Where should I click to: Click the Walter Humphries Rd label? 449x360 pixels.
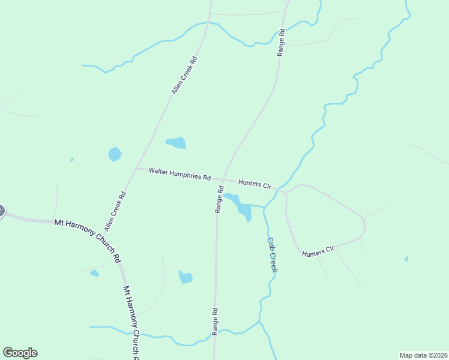pos(180,175)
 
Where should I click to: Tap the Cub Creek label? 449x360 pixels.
pos(271,254)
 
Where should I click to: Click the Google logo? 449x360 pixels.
pos(20,353)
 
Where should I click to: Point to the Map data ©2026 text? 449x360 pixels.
pos(423,355)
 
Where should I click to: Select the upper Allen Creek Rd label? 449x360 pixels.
pos(184,75)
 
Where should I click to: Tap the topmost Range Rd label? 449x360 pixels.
pos(280,42)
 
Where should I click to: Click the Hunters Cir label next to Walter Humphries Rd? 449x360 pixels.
pos(255,184)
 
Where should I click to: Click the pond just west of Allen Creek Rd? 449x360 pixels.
pos(115,154)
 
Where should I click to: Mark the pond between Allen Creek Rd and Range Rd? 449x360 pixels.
pos(176,142)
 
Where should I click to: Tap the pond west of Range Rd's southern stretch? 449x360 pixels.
pos(185,277)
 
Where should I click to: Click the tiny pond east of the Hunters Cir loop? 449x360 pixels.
pos(406,259)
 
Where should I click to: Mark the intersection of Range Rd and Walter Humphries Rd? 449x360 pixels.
pos(223,179)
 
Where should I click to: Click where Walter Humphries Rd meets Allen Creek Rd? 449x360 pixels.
pos(137,169)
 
